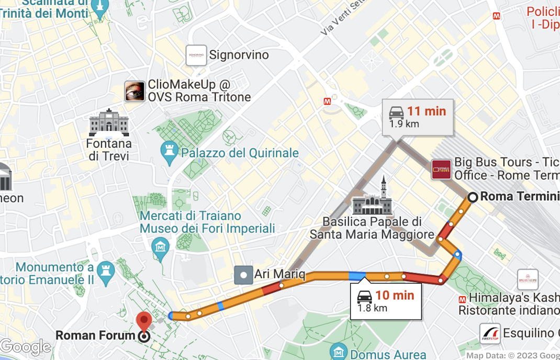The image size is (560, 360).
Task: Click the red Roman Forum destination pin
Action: tap(143, 320)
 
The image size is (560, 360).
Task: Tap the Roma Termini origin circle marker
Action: tap(473, 197)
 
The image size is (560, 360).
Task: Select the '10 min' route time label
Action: tap(395, 295)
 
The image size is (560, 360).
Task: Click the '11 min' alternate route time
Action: tap(427, 111)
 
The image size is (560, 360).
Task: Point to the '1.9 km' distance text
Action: tap(404, 124)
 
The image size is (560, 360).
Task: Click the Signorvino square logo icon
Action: tap(196, 55)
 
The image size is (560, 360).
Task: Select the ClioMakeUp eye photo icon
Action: tap(135, 91)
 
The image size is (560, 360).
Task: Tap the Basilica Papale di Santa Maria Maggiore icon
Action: tap(373, 198)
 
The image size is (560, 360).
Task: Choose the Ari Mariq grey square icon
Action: tap(244, 274)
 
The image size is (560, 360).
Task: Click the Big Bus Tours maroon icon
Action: tap(441, 170)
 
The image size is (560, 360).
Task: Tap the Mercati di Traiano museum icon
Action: tap(160, 245)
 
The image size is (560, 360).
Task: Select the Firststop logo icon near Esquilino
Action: tap(490, 333)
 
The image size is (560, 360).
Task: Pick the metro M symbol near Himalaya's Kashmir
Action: tap(463, 299)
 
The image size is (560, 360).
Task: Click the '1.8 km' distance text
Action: tap(372, 308)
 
